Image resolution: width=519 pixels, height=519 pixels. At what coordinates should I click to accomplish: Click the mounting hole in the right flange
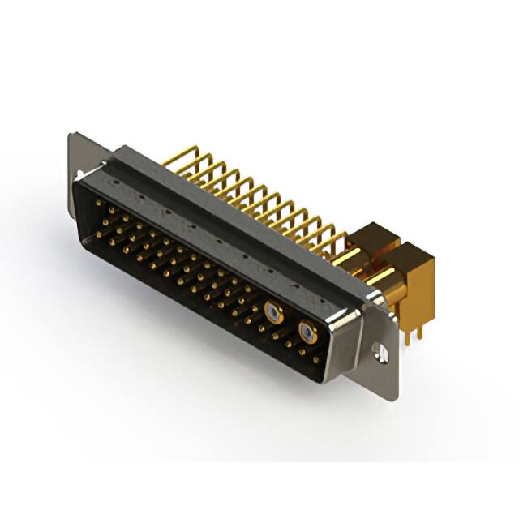[379, 351]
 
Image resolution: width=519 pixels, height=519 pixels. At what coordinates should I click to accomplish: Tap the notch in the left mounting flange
[78, 174]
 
